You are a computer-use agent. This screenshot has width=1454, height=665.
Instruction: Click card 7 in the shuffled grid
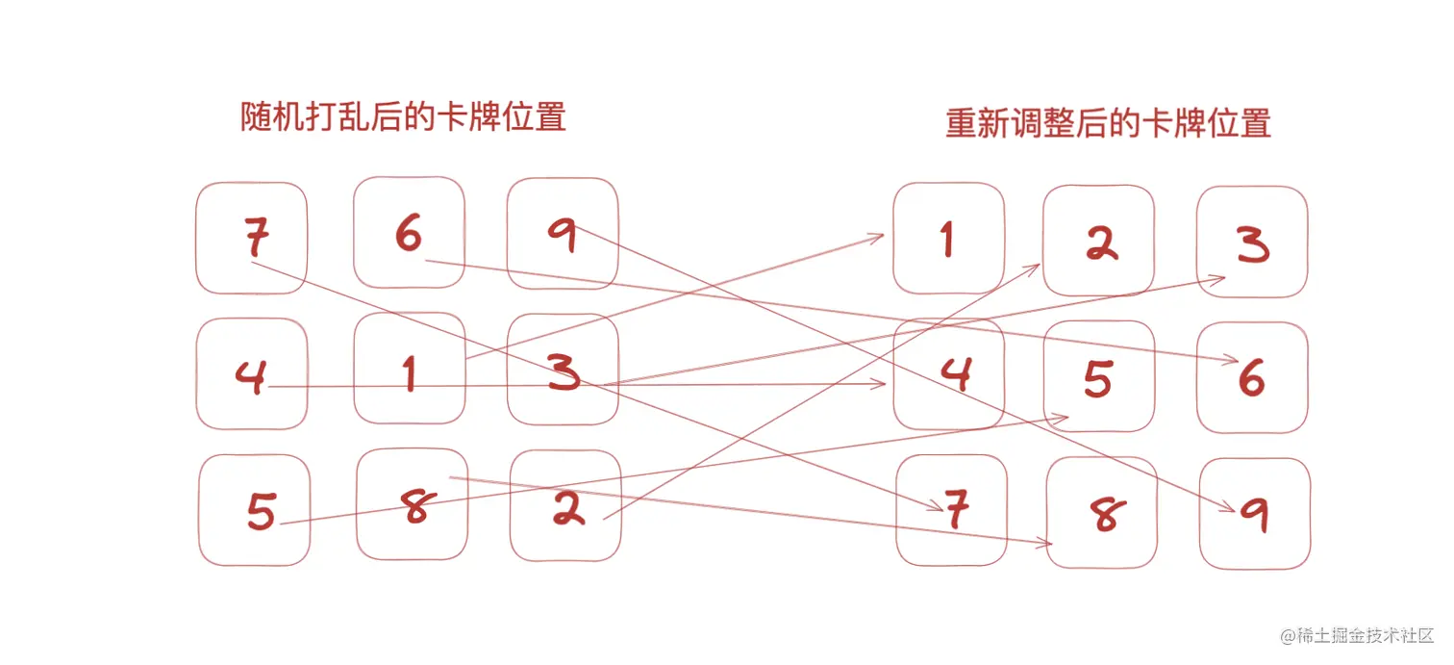coord(252,238)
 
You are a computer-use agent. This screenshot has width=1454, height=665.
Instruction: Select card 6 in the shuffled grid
coord(409,233)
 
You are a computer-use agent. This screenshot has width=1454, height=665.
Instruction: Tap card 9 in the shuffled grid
coord(563,234)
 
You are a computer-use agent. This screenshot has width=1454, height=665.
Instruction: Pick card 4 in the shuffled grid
coord(252,373)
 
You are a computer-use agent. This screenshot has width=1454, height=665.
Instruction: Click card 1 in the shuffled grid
coord(410,369)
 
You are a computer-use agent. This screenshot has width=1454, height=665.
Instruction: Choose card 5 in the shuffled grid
coord(256,510)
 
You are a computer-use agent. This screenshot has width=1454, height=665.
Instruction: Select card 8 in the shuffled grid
coord(413,503)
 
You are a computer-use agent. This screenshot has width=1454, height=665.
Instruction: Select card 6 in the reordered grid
coord(1252,377)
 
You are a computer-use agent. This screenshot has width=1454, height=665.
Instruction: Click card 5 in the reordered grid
coord(1099,376)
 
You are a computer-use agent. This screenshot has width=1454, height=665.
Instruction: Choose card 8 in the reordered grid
coord(1102,513)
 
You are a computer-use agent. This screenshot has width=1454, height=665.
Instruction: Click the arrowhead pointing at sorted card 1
coord(878,235)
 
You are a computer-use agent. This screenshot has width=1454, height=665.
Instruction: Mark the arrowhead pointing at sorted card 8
coord(1046,545)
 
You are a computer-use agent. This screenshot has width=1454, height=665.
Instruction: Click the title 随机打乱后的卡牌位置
coord(403,116)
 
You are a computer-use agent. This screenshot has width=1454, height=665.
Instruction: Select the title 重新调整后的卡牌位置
coord(1108,123)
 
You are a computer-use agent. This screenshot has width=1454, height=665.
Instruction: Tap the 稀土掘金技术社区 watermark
coord(1356,636)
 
